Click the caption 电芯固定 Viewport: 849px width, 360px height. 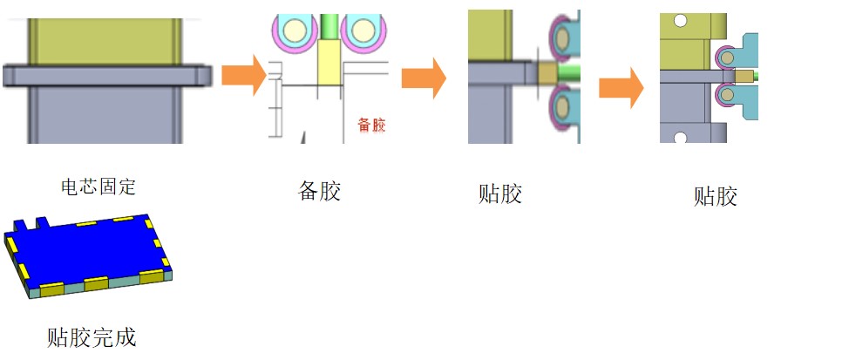click(x=98, y=186)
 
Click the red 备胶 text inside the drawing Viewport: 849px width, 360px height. click(x=371, y=125)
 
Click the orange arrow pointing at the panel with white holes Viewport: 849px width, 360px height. click(x=621, y=87)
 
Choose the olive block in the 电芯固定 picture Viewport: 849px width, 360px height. click(x=105, y=39)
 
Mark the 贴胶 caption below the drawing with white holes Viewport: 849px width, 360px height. click(x=716, y=196)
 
